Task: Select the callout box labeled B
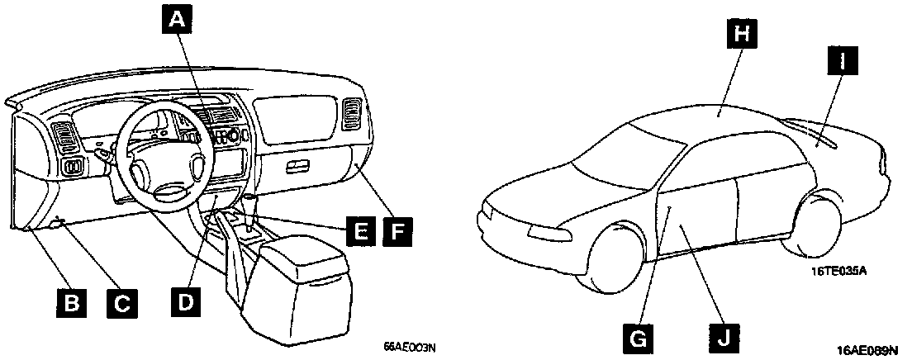pyautogui.click(x=72, y=302)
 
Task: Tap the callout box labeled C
pyautogui.click(x=121, y=302)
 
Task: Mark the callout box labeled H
pyautogui.click(x=742, y=35)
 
